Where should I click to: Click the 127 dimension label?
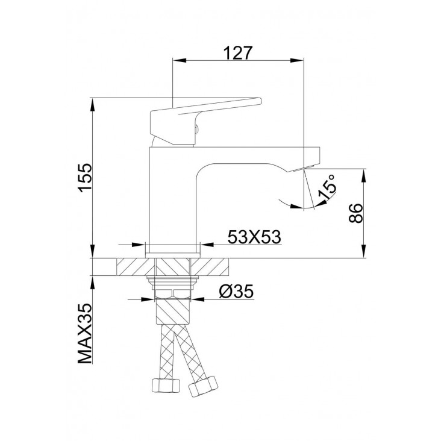coord(238,53)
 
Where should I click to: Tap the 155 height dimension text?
coord(86,178)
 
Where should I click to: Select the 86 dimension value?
coord(355,213)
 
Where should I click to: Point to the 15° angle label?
coord(327,187)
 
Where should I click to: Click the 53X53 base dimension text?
coord(254,237)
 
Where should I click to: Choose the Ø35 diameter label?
coord(236,292)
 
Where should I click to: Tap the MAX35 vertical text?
coord(85,334)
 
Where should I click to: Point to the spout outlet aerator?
coord(304,168)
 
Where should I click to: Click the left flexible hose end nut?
coord(166,385)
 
